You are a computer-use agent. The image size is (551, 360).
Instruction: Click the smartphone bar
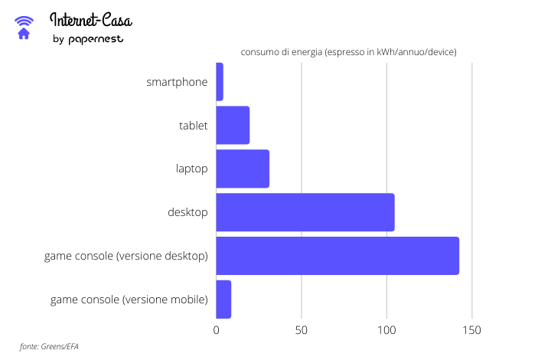pos(220,82)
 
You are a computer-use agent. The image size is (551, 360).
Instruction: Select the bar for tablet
pos(233,125)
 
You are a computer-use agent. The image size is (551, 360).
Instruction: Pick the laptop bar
pos(243,169)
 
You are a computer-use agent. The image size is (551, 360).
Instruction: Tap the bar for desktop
pos(305,212)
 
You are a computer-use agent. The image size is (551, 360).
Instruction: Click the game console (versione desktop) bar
pos(337,256)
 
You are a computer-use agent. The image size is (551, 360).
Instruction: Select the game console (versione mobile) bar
pos(223,299)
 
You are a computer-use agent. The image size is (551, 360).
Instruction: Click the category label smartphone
pos(177,82)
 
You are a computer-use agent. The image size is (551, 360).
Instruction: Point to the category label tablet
pos(193,125)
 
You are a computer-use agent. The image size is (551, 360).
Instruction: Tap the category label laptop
pos(191,169)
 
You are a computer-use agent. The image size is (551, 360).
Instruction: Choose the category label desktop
pos(187,212)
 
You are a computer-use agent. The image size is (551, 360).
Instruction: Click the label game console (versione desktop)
pos(126,256)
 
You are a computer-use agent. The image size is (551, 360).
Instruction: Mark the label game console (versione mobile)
pos(129,299)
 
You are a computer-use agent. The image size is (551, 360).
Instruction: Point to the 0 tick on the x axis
pos(217,330)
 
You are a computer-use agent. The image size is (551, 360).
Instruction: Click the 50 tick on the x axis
pos(302,330)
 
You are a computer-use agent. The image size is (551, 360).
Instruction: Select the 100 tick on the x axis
pos(386,330)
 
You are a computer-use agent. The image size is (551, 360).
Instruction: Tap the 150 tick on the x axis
pos(472,330)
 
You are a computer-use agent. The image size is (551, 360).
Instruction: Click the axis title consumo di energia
pos(348,52)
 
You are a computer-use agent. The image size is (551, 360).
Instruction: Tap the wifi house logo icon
pos(24,27)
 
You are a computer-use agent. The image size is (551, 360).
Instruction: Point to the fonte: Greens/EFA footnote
pos(49,346)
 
